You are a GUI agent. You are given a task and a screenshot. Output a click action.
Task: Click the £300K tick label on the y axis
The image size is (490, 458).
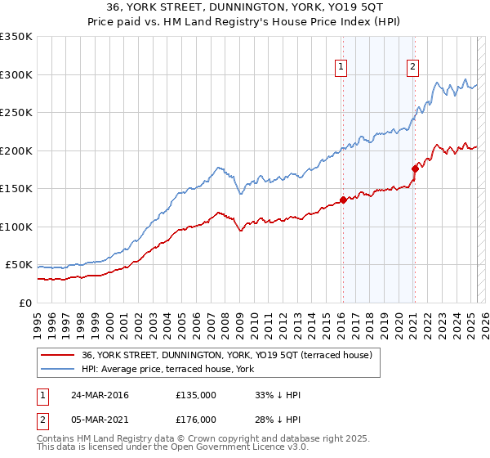click(x=16, y=74)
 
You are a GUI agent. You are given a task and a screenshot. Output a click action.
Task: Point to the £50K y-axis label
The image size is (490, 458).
click(x=18, y=265)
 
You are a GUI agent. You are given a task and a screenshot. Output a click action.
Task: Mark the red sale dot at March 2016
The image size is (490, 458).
click(x=343, y=200)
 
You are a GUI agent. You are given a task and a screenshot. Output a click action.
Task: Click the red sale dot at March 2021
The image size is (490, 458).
click(x=415, y=168)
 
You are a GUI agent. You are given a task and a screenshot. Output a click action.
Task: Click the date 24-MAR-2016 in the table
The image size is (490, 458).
click(x=100, y=395)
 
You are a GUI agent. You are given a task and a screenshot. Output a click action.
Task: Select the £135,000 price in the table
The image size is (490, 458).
click(x=196, y=395)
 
